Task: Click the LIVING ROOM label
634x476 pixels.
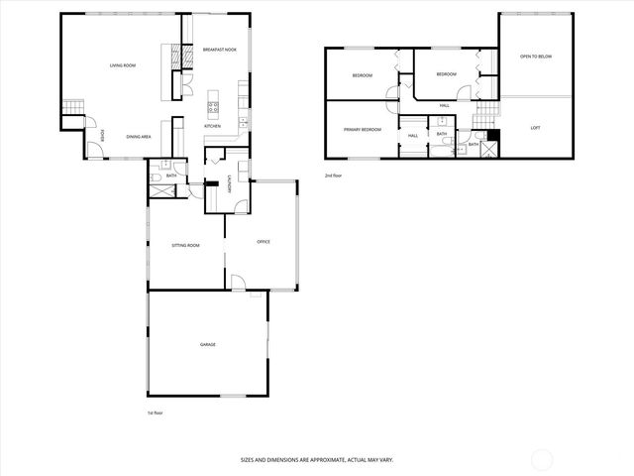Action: point(123,65)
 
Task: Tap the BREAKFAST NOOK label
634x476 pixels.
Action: point(219,50)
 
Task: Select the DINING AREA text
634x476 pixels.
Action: point(139,136)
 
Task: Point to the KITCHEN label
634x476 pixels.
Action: point(212,127)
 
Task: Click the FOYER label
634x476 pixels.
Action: point(103,138)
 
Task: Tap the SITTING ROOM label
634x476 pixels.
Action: point(186,244)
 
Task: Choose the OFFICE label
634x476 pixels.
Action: point(264,242)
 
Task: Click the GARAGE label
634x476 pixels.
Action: point(208,344)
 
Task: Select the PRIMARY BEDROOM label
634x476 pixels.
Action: point(363,130)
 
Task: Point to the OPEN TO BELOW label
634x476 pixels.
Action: point(536,57)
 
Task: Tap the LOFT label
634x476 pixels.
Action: point(536,127)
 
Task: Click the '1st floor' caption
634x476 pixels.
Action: point(154,412)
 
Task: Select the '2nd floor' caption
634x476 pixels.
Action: point(333,176)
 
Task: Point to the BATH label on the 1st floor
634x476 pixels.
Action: point(171,176)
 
